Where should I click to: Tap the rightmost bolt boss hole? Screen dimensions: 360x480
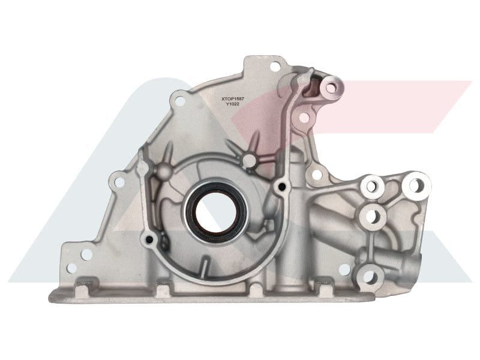pyautogui.click(x=416, y=184)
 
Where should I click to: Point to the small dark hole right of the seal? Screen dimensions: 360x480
pyautogui.click(x=278, y=188)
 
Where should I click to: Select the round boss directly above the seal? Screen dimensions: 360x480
pyautogui.click(x=248, y=160)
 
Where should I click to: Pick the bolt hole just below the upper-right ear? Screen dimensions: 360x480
pyautogui.click(x=304, y=118)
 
